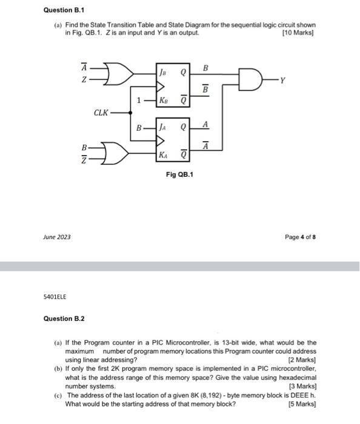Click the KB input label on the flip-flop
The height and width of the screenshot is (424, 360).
[x=163, y=101]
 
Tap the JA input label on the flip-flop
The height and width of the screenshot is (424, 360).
[x=163, y=128]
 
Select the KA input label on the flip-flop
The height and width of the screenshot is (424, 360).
[x=163, y=155]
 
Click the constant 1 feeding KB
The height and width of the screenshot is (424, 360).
[x=139, y=101]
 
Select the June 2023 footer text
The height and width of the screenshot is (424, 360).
[x=58, y=236]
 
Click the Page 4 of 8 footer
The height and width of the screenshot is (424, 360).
[x=300, y=236]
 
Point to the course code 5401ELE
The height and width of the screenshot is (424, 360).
[x=55, y=296]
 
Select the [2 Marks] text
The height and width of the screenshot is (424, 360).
[x=303, y=360]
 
